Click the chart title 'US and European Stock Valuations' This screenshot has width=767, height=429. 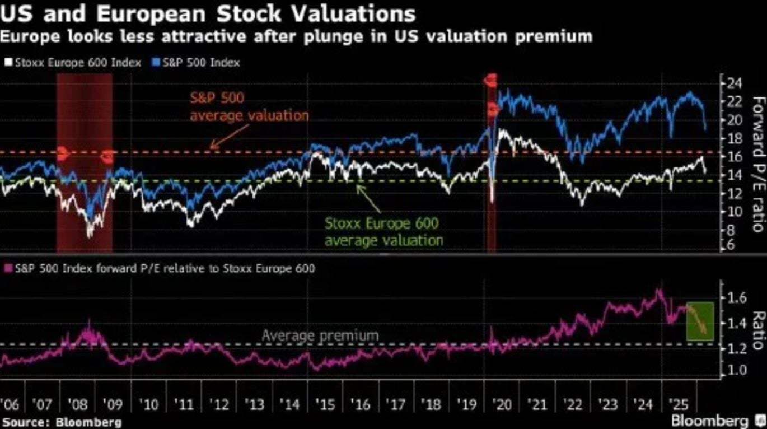point(208,13)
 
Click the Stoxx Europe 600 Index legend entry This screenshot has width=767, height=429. point(73,62)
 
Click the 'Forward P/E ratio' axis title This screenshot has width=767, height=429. point(758,164)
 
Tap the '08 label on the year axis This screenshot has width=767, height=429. point(77,403)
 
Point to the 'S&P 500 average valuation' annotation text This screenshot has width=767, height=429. point(249,107)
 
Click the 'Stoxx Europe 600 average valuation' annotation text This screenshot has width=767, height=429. point(383,232)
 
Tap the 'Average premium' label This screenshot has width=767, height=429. point(320,336)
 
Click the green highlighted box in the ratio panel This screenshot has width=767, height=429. point(699,321)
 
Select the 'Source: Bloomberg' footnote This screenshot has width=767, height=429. point(62,422)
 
